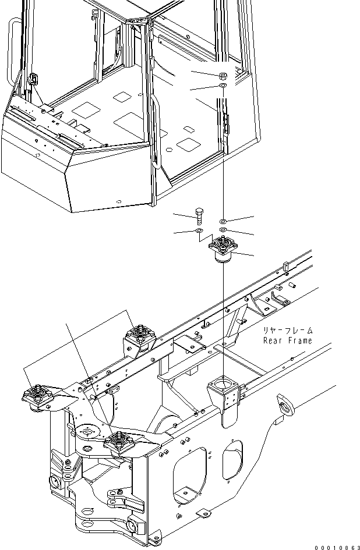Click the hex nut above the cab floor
(x=224, y=76)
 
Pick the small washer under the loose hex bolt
(x=199, y=232)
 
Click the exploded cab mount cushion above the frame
(x=223, y=249)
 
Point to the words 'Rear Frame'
(x=287, y=340)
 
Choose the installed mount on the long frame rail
(x=140, y=336)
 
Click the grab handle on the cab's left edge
(x=11, y=52)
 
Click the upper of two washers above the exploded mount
(x=224, y=222)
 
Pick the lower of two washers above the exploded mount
(x=224, y=230)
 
